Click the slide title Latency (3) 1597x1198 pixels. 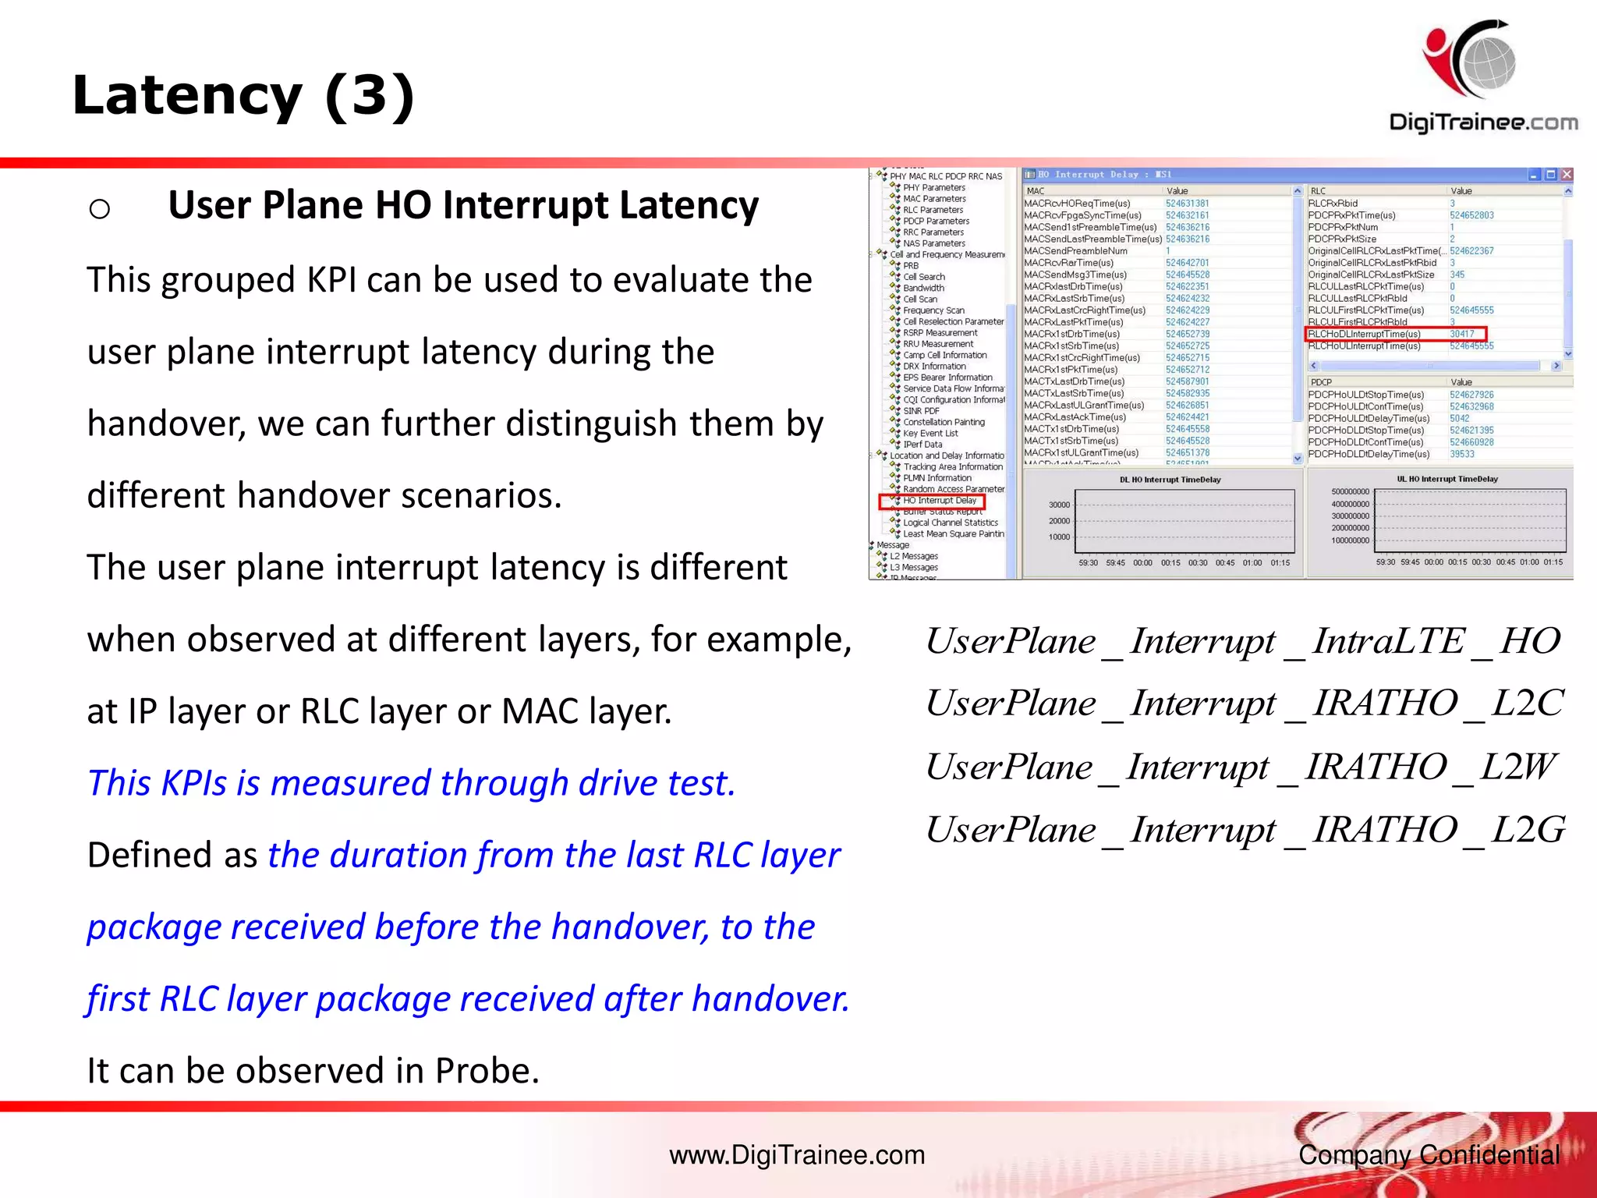(x=243, y=95)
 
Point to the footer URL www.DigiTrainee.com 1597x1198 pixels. (x=797, y=1154)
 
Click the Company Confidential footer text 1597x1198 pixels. (x=1429, y=1154)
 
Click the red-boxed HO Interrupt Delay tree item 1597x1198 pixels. (x=939, y=501)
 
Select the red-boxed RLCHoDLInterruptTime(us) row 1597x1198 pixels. (x=1365, y=334)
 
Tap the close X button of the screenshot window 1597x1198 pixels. (x=1566, y=175)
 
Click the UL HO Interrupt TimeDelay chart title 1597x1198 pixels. (x=1447, y=479)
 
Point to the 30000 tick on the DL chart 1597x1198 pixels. (x=1059, y=505)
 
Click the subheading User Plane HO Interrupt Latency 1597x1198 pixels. (x=462, y=205)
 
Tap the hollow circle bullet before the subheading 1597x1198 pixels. (x=100, y=209)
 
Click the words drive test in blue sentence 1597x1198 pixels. (x=656, y=783)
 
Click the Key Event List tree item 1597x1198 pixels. (x=930, y=433)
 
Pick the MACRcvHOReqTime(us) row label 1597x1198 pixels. (x=1076, y=204)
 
